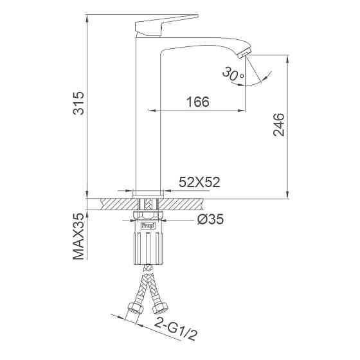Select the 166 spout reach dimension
pyautogui.click(x=197, y=102)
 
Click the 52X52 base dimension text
pyautogui.click(x=199, y=183)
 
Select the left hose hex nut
pyautogui.click(x=134, y=310)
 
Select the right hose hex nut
pyautogui.click(x=163, y=310)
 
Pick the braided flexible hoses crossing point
pyautogui.click(x=148, y=278)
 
